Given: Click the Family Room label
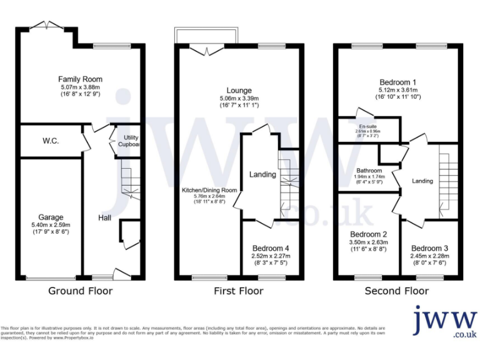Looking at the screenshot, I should [80, 79].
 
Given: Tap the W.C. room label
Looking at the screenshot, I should [51, 141].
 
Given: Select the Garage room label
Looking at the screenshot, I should [50, 217].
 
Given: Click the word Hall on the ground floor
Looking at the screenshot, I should [104, 217].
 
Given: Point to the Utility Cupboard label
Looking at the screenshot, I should [130, 141].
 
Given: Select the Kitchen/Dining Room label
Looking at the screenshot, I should [209, 190].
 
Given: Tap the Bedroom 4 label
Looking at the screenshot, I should [270, 247].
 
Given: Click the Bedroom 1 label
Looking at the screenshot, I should [398, 82].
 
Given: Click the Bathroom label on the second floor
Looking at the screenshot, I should [369, 170].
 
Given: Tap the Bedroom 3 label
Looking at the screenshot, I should [429, 247].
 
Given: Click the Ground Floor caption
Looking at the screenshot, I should [80, 291].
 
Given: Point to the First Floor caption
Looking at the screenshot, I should [239, 291].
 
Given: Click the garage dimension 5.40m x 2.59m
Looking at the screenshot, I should [50, 225].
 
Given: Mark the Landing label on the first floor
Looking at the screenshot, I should [262, 174].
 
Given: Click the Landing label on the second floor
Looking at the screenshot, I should [422, 181].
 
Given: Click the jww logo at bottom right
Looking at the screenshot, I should [445, 322].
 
